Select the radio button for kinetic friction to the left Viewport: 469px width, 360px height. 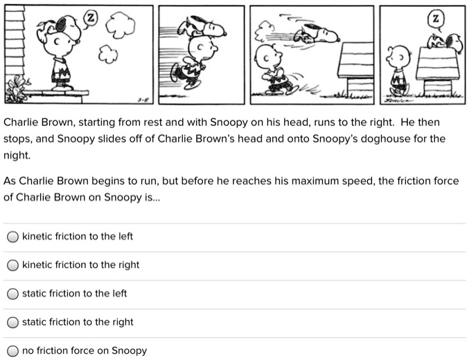tap(12, 237)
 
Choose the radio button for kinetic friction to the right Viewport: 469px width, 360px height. tap(12, 265)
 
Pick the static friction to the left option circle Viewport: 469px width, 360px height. tap(12, 294)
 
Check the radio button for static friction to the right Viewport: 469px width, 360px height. tap(12, 322)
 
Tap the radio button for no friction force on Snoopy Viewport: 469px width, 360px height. tap(12, 350)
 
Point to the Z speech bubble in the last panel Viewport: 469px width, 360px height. tap(434, 17)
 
